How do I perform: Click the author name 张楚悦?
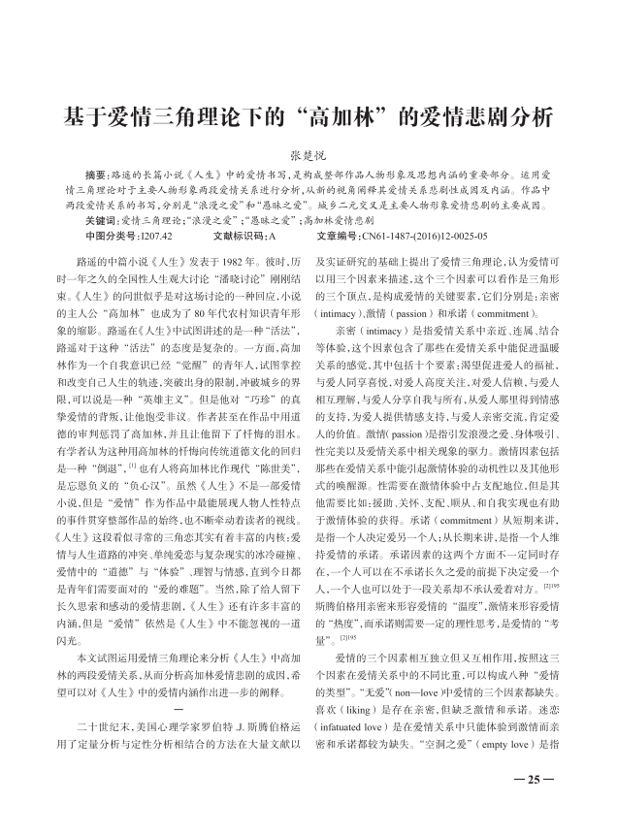[308, 154]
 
